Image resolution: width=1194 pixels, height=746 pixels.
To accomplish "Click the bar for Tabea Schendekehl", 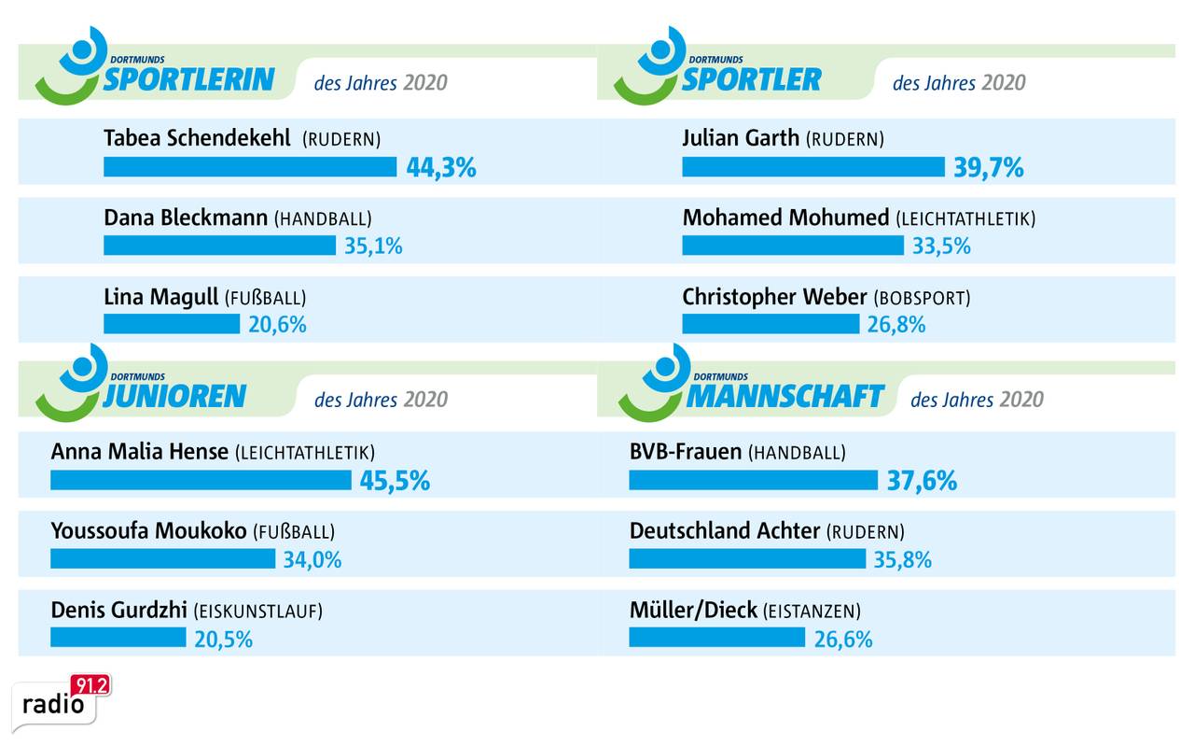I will [x=250, y=167].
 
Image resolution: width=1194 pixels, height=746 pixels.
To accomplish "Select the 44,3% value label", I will [x=441, y=168].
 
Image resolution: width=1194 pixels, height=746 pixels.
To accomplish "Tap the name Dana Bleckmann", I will [x=186, y=218].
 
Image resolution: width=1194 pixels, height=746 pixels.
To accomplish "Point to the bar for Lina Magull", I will [x=172, y=324].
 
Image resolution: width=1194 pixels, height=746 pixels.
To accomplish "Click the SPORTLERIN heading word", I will [x=188, y=79].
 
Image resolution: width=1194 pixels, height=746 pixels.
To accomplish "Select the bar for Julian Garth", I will [x=813, y=167].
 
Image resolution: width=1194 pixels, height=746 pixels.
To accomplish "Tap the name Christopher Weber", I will [x=774, y=297].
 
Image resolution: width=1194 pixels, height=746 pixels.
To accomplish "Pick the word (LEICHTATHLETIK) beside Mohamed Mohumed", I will [x=965, y=219].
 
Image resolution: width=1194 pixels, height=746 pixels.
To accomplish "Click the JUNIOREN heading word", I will [x=174, y=396].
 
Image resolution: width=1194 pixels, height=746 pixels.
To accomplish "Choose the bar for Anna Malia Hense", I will [x=201, y=481].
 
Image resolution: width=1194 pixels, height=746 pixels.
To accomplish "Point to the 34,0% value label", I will [x=312, y=560].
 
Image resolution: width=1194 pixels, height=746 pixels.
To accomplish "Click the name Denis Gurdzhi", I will [x=118, y=611].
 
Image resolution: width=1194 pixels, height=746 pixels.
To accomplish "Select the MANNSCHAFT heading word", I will [x=784, y=396].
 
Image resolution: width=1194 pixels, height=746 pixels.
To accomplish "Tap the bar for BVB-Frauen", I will [x=753, y=481].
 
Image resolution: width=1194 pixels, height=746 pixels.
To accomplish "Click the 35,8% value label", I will [x=903, y=560].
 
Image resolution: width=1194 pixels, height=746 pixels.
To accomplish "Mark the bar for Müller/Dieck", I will [x=716, y=638].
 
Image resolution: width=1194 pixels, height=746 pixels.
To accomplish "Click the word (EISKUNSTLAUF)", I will [x=257, y=612].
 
